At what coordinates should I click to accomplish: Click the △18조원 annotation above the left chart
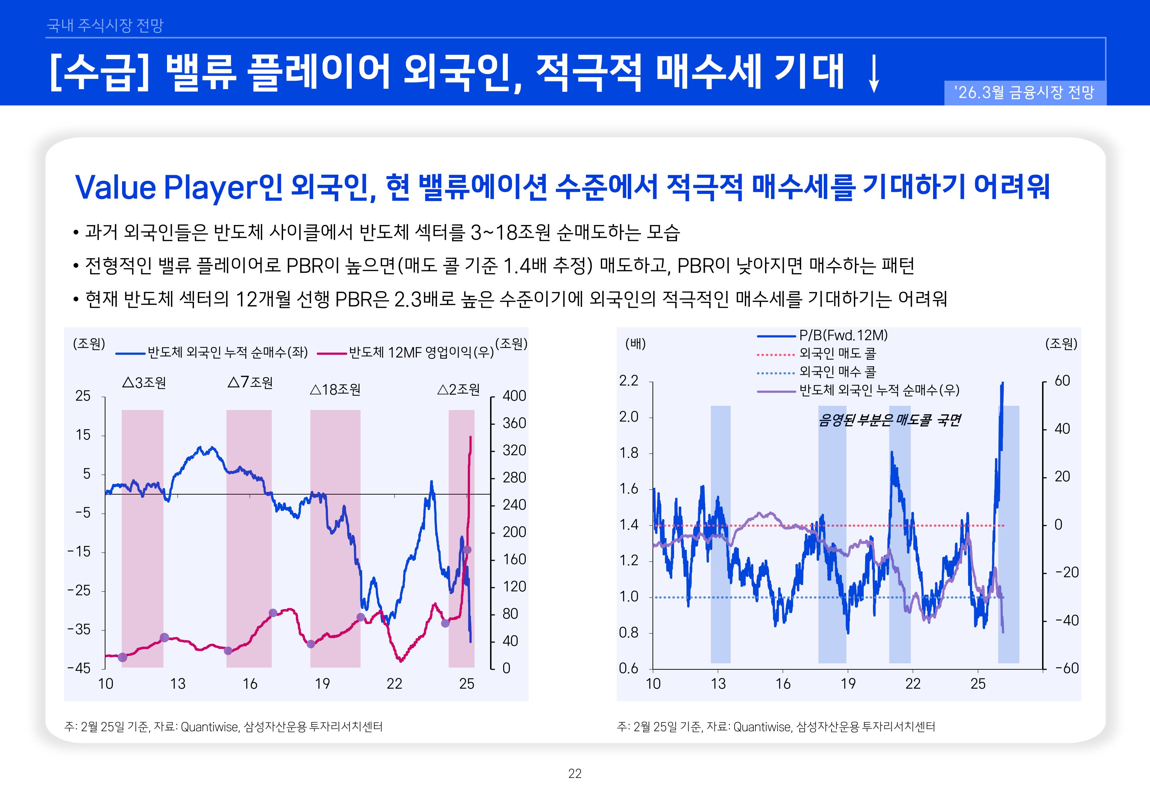[335, 390]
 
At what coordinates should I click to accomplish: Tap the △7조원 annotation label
[251, 382]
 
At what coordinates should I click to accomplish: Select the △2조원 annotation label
[458, 390]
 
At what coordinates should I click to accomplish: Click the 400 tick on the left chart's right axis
[514, 396]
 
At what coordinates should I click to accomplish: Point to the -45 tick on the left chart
[79, 668]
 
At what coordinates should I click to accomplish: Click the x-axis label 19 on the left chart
[322, 684]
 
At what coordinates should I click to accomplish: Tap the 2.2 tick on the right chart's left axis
[628, 381]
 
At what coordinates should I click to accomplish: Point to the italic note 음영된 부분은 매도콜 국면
[889, 420]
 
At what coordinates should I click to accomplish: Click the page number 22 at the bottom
[575, 774]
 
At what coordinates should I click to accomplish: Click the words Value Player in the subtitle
[165, 188]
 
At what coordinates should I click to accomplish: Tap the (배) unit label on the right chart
[636, 344]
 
